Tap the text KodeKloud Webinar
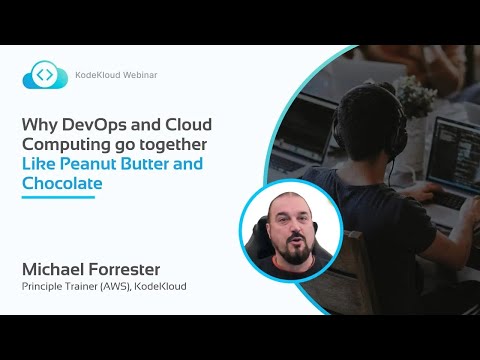pyautogui.click(x=116, y=76)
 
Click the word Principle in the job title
pyautogui.click(x=41, y=289)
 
